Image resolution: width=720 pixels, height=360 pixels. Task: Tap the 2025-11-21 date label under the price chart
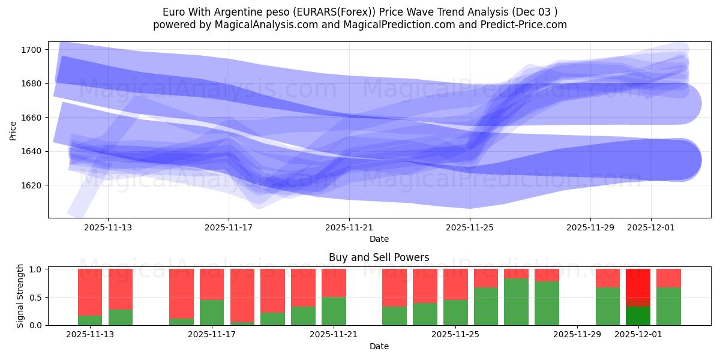tap(349, 227)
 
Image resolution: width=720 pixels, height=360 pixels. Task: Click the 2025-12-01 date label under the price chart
tap(651, 227)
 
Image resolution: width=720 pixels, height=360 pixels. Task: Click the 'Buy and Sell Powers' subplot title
tap(379, 257)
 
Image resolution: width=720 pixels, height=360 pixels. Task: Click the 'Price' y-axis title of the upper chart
tap(13, 130)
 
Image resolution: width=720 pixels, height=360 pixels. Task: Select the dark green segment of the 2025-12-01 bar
tap(638, 316)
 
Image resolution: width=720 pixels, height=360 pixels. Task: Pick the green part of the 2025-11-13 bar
tap(90, 320)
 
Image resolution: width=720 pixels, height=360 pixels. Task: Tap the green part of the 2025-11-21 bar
tap(334, 311)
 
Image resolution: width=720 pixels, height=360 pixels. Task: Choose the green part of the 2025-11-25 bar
tap(455, 313)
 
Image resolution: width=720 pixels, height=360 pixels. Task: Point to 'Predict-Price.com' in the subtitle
tap(526, 25)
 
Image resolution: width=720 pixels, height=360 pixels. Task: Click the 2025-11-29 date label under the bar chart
tap(577, 335)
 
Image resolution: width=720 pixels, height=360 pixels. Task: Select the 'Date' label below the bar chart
tap(379, 346)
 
